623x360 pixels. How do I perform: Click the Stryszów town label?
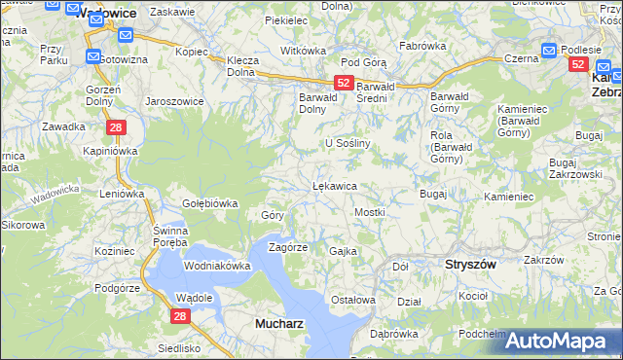coord(470,264)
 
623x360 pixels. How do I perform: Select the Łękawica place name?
coord(334,185)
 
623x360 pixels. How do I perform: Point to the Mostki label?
coord(370,211)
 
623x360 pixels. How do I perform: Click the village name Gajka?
coord(344,251)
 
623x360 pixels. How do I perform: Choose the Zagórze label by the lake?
coord(288,247)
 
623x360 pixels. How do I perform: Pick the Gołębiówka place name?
coord(210,203)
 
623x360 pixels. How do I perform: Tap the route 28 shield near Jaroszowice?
coord(115,127)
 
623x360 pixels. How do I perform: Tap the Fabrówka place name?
coord(421,45)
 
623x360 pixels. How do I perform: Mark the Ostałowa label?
coord(353,300)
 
